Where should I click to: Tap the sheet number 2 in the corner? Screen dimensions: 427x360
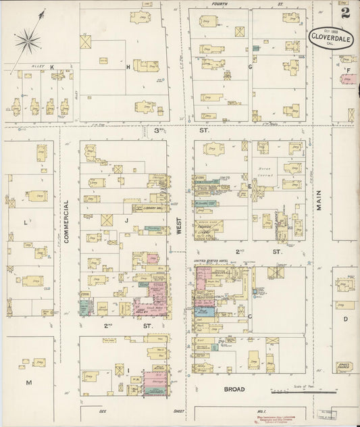coord(345,12)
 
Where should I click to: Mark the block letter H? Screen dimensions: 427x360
coord(127,67)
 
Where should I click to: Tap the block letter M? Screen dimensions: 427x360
coord(28,382)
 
